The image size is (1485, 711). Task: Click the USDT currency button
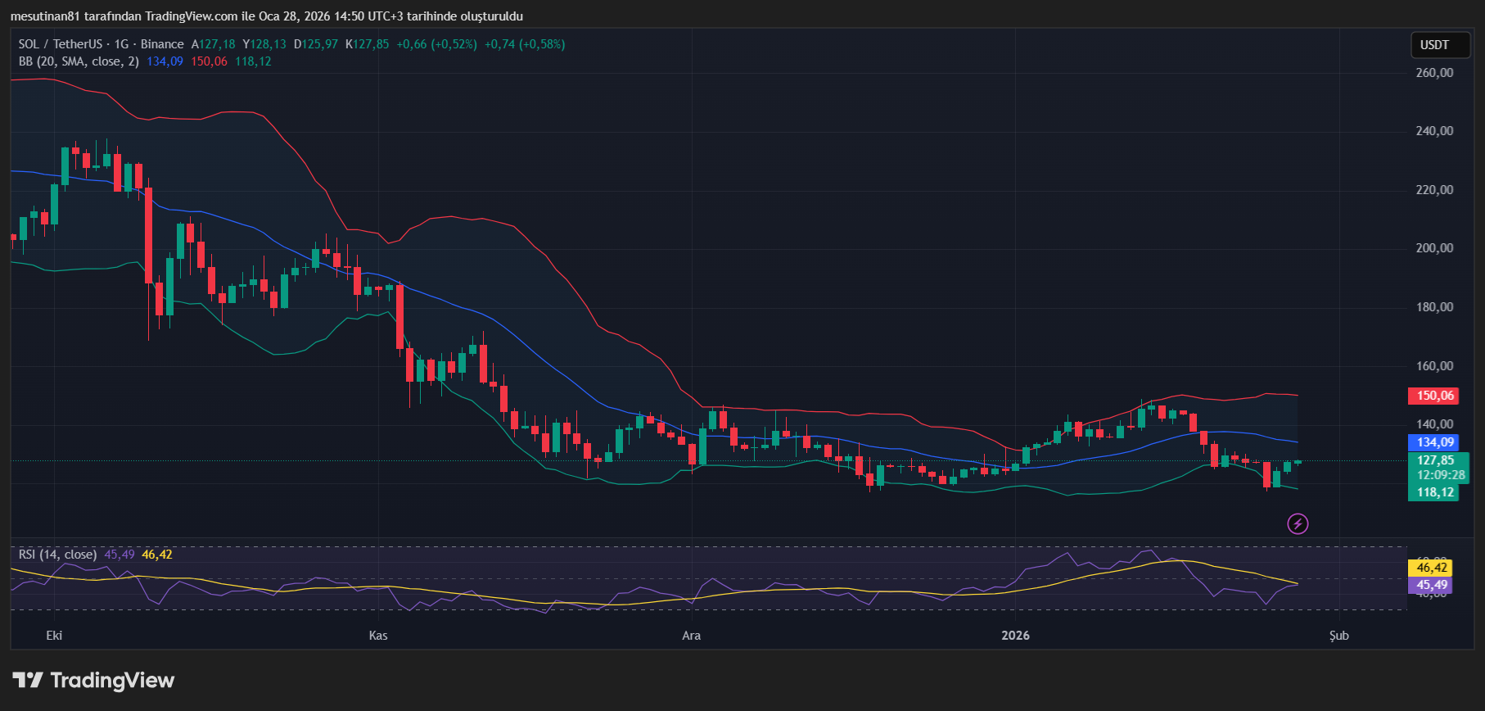tap(1434, 45)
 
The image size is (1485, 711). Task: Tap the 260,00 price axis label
tap(1434, 73)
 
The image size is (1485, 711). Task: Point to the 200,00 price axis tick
tap(1434, 248)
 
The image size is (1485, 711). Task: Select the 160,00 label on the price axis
tap(1434, 366)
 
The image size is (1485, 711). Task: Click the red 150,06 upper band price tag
tap(1435, 396)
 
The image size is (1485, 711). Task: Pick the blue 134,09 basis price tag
tap(1435, 442)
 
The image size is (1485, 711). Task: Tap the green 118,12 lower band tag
tap(1435, 492)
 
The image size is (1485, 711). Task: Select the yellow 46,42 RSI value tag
tap(1432, 568)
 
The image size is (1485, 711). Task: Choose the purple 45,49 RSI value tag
tap(1432, 585)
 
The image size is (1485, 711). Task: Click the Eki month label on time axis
tap(54, 636)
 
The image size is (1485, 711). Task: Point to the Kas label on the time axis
tap(378, 636)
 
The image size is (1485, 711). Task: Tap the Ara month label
tap(692, 636)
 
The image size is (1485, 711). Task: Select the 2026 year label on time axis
tap(1015, 636)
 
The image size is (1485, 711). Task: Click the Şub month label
tap(1339, 636)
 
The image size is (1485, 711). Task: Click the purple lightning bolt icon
tap(1298, 523)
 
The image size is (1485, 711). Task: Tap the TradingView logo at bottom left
tap(94, 681)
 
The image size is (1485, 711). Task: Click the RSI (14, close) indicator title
tap(57, 555)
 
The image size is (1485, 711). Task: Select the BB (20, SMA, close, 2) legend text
tap(79, 61)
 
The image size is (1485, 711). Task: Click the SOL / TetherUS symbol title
tap(61, 44)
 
